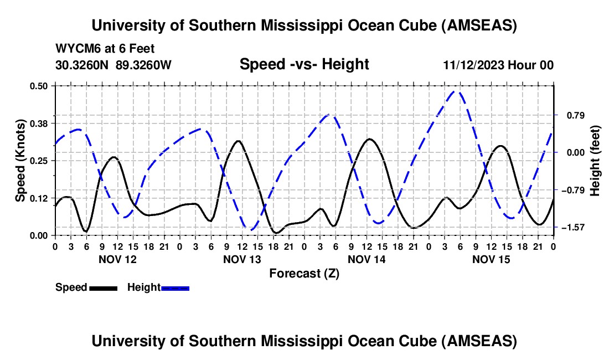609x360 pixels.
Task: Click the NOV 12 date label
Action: point(117,259)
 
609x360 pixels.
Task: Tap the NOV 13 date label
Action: point(242,259)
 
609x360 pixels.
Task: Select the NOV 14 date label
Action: point(367,259)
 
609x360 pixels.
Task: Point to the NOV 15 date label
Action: point(491,259)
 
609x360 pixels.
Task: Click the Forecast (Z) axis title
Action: point(304,273)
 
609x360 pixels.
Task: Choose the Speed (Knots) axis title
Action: point(20,161)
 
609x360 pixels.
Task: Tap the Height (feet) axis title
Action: point(595,161)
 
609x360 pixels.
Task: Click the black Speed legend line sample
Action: point(103,287)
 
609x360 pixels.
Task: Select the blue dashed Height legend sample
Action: point(175,287)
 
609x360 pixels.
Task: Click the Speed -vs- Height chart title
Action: point(304,64)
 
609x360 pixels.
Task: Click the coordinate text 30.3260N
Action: point(83,65)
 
